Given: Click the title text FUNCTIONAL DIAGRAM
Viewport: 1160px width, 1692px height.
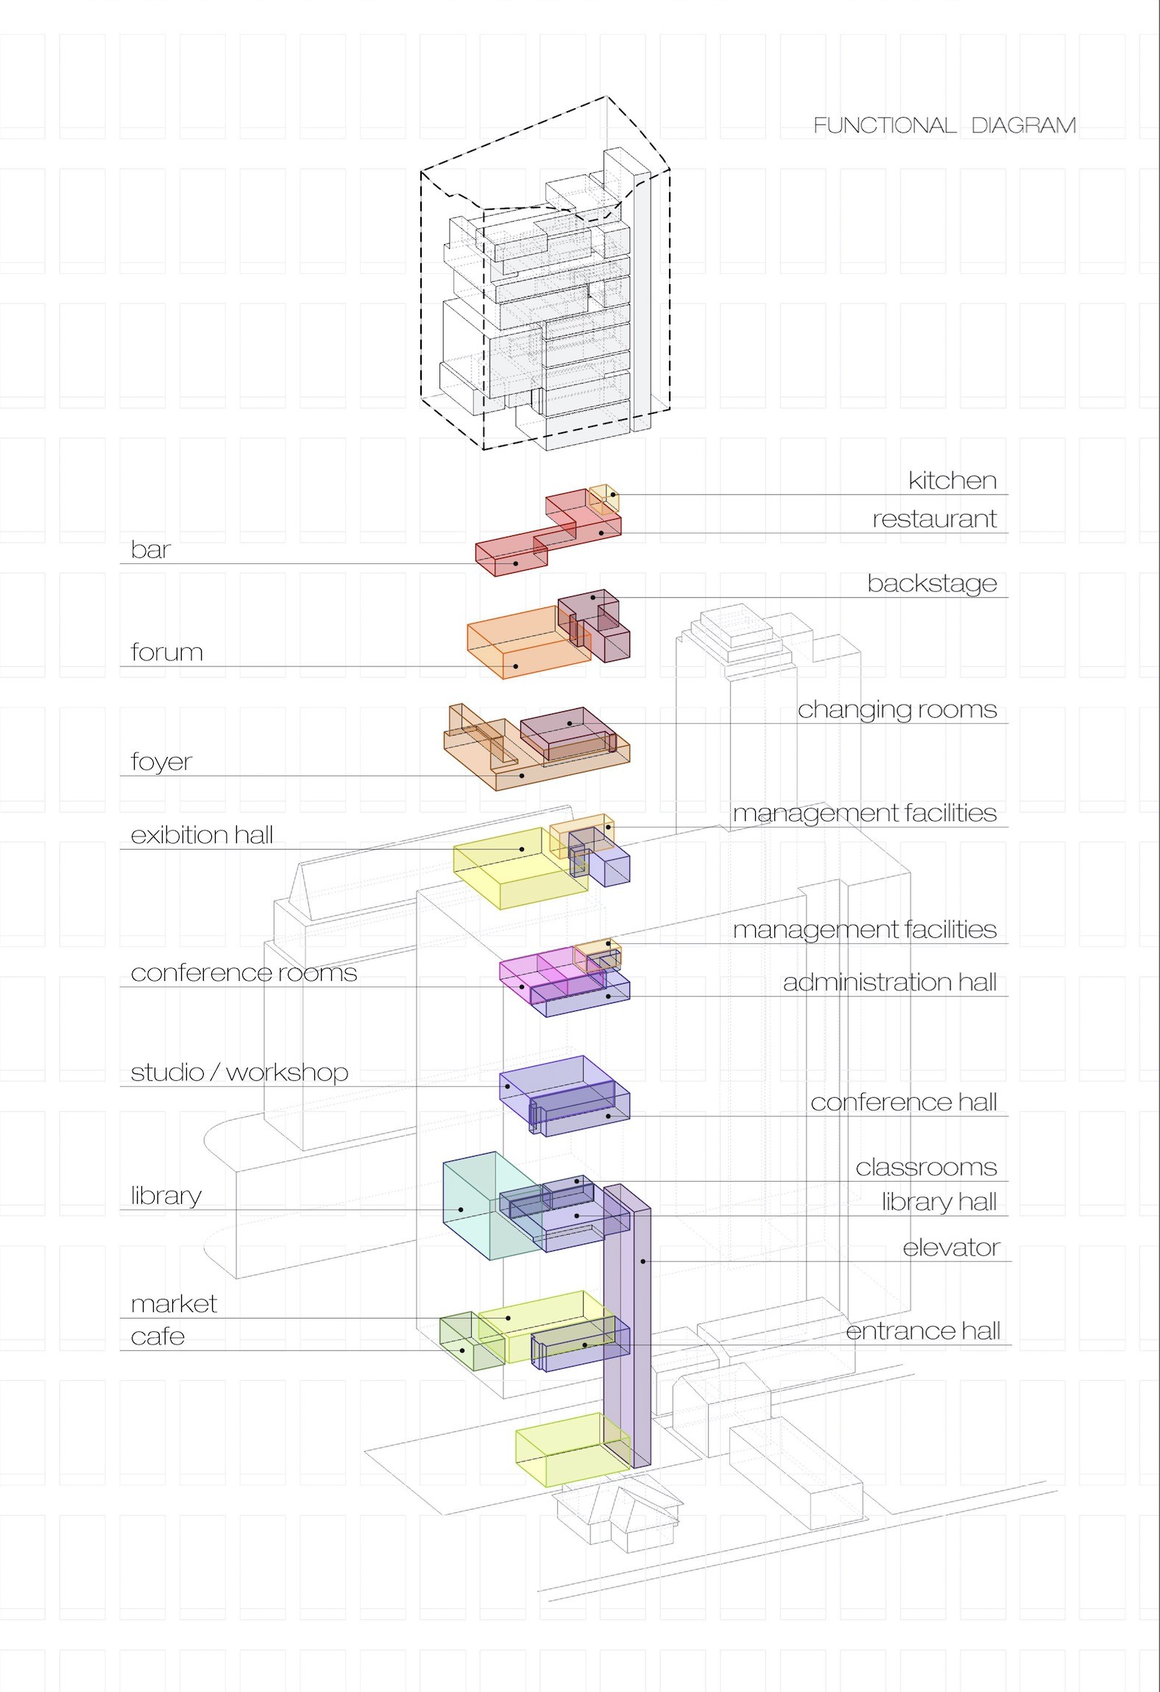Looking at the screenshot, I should (944, 126).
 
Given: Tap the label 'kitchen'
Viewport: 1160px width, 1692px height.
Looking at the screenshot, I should (952, 481).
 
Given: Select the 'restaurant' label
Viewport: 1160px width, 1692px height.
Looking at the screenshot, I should (934, 519).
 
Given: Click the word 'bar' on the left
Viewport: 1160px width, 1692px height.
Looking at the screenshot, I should (151, 550).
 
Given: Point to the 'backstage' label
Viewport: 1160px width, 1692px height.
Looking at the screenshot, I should (932, 584).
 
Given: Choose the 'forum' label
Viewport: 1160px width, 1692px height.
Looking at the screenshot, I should (166, 652).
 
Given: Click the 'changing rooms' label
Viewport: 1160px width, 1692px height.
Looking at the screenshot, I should (897, 710).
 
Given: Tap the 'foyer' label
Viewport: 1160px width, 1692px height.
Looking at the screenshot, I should (161, 761).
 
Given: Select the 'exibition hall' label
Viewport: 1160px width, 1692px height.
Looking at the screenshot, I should (202, 835).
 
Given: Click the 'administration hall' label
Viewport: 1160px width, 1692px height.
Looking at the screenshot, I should (889, 982).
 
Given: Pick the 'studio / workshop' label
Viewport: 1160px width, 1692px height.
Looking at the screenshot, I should (239, 1073).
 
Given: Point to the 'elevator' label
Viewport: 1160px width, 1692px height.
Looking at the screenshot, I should (951, 1248).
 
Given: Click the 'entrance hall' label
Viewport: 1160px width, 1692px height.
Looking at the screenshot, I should (923, 1331).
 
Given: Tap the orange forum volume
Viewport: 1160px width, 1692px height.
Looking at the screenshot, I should (515, 644).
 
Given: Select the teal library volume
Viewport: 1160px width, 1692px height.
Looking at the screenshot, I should (471, 1208).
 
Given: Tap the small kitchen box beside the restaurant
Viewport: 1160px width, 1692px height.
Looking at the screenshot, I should (604, 498).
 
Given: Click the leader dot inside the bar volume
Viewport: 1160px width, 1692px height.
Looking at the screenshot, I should (516, 564).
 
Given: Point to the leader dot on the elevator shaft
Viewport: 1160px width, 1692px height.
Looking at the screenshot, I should (643, 1261).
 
